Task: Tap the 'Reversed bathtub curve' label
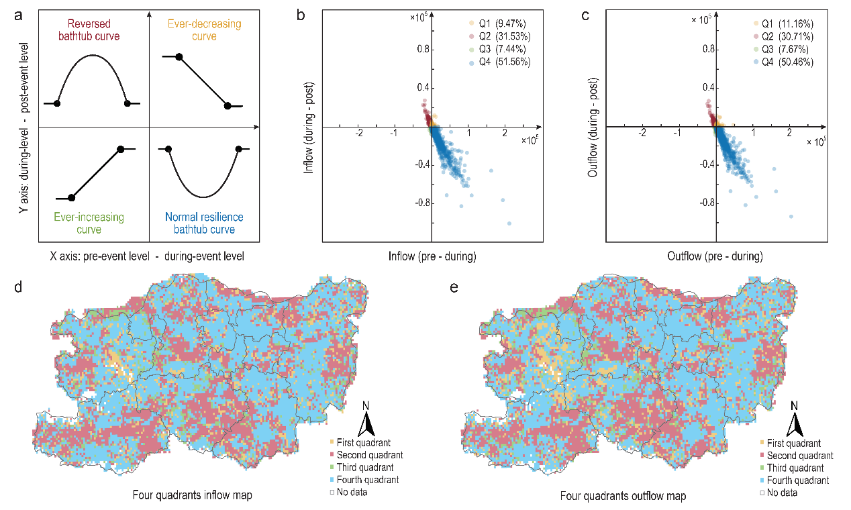click(94, 30)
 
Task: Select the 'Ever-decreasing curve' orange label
click(195, 30)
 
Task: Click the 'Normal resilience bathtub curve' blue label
click(203, 223)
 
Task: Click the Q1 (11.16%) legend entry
click(783, 23)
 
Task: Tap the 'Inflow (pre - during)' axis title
click(432, 256)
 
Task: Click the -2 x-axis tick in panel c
click(642, 133)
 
